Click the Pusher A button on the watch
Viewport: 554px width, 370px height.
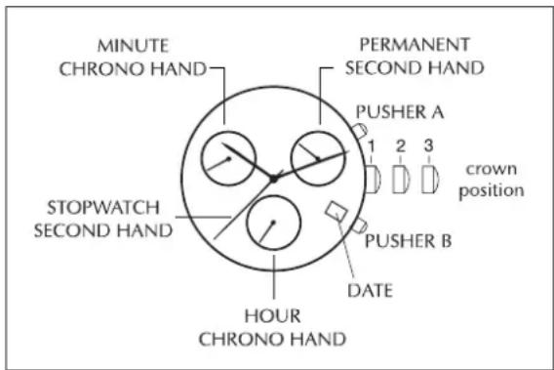pyautogui.click(x=359, y=131)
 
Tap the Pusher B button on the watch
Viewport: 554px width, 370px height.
pyautogui.click(x=359, y=226)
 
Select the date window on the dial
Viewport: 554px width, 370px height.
pyautogui.click(x=336, y=211)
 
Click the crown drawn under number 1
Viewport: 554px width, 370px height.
pyautogui.click(x=374, y=179)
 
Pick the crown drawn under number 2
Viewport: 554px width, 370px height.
pyautogui.click(x=402, y=179)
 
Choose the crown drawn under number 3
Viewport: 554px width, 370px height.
pyautogui.click(x=430, y=179)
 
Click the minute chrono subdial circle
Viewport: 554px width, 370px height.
pyautogui.click(x=201, y=158)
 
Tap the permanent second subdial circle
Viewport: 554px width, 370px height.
pyautogui.click(x=291, y=158)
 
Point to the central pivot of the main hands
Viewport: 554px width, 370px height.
pyautogui.click(x=273, y=179)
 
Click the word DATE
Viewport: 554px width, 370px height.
pyautogui.click(x=370, y=291)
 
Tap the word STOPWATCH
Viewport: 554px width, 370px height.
pyautogui.click(x=103, y=208)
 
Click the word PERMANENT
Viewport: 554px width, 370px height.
pyautogui.click(x=415, y=45)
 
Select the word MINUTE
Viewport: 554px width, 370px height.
pyautogui.click(x=133, y=46)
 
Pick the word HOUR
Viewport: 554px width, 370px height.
pyautogui.click(x=272, y=316)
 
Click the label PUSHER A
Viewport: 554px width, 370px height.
pyautogui.click(x=400, y=112)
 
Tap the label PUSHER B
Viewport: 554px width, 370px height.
pyautogui.click(x=408, y=241)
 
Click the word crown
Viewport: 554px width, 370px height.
pyautogui.click(x=492, y=170)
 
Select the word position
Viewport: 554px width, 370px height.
pyautogui.click(x=492, y=190)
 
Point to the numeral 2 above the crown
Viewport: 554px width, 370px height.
pyautogui.click(x=401, y=145)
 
